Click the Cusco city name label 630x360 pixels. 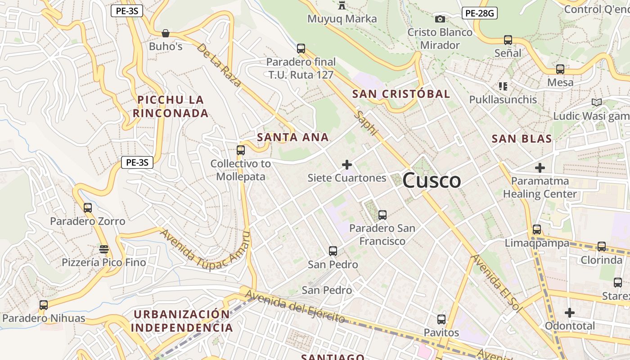coord(432,180)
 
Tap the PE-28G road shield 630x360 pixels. coord(479,13)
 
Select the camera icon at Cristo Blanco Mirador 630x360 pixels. coord(440,19)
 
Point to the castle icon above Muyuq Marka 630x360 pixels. coord(342,5)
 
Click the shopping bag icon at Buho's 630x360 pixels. coord(165,33)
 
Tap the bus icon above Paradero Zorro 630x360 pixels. coord(88,208)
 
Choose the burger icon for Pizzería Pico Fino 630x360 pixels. coord(104,249)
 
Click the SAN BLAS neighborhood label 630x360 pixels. coord(522,139)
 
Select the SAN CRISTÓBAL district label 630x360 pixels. coord(401,94)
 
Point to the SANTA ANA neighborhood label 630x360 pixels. coord(293,137)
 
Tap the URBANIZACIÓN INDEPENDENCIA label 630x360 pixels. coord(182,320)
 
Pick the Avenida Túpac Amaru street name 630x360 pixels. coord(205,253)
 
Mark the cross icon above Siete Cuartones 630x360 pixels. coord(347,165)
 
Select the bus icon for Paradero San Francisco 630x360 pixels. coord(382,215)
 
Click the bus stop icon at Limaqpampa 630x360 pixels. coord(537,229)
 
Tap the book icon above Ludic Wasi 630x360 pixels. coord(597,103)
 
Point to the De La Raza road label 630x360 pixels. coord(219,65)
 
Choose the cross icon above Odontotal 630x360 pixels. coord(570,312)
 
